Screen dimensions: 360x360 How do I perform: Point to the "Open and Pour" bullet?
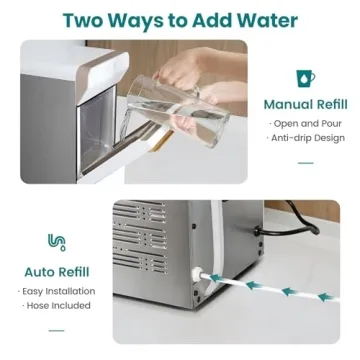coord(301,123)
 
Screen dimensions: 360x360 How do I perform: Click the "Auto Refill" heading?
coord(58,270)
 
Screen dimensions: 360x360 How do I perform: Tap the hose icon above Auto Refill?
coord(57,242)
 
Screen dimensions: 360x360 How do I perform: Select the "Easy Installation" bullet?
coord(58,290)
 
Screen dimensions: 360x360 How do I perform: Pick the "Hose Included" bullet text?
coord(58,305)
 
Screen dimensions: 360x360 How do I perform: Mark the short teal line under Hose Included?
coord(57,328)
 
